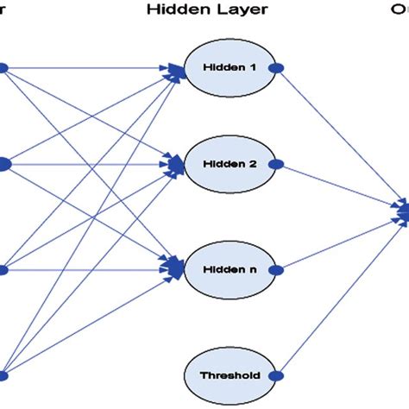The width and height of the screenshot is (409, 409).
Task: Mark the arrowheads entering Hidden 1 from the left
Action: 177,71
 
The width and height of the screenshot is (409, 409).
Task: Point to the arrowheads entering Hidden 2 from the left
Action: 177,163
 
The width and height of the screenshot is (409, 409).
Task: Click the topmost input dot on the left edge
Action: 3,66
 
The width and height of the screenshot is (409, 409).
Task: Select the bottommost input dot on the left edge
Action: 3,375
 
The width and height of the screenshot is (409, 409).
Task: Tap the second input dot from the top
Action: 3,163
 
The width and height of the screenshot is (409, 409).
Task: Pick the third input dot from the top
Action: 3,270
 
